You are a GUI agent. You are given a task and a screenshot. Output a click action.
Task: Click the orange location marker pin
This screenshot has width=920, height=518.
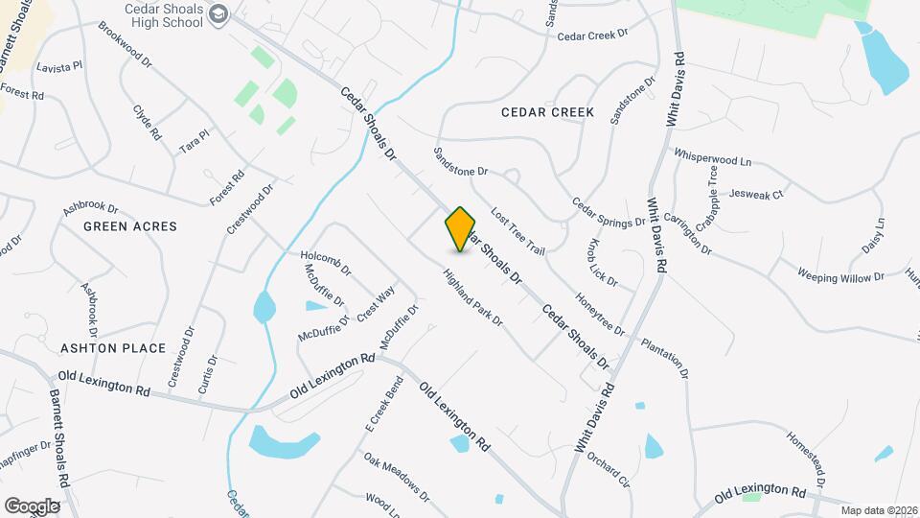click(x=461, y=229)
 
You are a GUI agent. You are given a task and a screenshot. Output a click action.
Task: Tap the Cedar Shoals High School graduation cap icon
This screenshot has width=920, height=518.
click(x=219, y=13)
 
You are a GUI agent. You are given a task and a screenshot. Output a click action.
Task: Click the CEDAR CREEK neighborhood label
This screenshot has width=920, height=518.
click(x=547, y=112)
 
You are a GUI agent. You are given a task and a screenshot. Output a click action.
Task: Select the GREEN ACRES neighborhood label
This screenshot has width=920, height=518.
click(x=130, y=226)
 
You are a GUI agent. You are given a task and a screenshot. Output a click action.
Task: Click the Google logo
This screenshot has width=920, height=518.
click(x=32, y=506)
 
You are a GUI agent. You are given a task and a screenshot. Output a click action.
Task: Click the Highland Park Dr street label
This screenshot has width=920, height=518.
click(x=472, y=296)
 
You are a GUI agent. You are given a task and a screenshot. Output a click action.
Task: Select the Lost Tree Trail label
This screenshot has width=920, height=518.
click(x=517, y=230)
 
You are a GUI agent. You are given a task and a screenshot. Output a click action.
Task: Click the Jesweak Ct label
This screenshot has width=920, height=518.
click(x=756, y=192)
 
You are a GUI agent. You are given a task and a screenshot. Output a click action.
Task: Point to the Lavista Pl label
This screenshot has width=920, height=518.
click(x=60, y=68)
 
